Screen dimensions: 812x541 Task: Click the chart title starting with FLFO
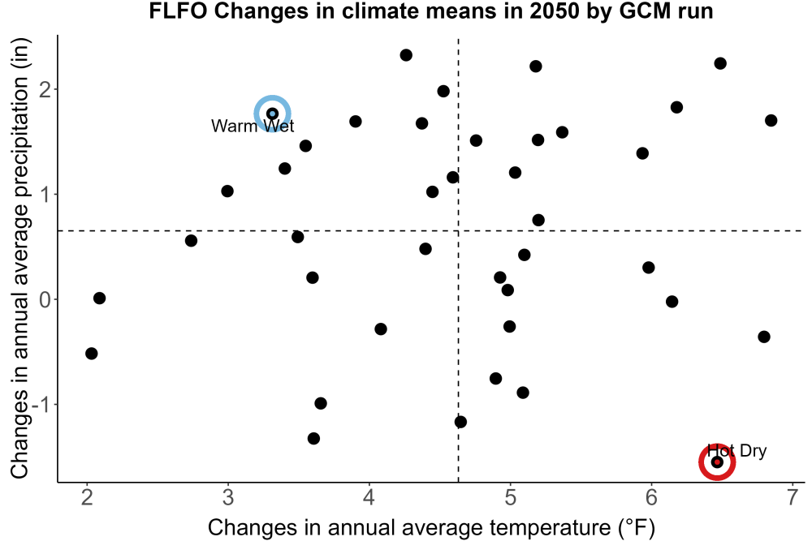pyautogui.click(x=431, y=11)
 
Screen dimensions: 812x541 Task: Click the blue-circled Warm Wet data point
pyautogui.click(x=272, y=114)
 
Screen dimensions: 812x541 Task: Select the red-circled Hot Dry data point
pyautogui.click(x=717, y=462)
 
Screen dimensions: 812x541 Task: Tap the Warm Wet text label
pyautogui.click(x=253, y=126)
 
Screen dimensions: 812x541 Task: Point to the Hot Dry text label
pyautogui.click(x=736, y=450)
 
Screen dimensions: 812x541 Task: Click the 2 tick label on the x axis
pyautogui.click(x=87, y=497)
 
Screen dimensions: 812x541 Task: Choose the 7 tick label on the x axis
pyautogui.click(x=793, y=497)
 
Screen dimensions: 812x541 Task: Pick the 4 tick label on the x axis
pyautogui.click(x=369, y=497)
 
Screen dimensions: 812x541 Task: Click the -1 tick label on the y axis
pyautogui.click(x=42, y=405)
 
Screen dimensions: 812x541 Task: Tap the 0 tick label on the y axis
pyautogui.click(x=45, y=299)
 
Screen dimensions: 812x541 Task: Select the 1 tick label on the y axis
pyautogui.click(x=45, y=195)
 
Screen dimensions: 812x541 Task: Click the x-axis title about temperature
pyautogui.click(x=431, y=527)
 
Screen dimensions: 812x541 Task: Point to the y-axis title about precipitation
pyautogui.click(x=19, y=258)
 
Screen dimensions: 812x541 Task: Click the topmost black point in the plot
pyautogui.click(x=406, y=55)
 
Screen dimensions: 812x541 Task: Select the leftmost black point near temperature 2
pyautogui.click(x=91, y=354)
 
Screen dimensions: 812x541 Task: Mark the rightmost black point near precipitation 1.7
pyautogui.click(x=771, y=121)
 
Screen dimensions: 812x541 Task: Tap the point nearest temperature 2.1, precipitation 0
pyautogui.click(x=99, y=298)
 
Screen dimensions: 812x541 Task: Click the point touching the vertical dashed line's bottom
pyautogui.click(x=460, y=422)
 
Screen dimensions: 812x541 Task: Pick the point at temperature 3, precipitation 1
pyautogui.click(x=227, y=191)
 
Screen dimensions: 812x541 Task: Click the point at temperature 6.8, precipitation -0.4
pyautogui.click(x=764, y=337)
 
